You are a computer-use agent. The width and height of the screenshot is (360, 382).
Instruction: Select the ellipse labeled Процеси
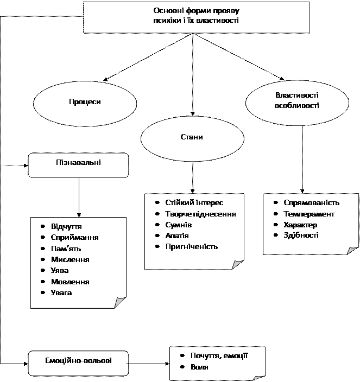click(85, 102)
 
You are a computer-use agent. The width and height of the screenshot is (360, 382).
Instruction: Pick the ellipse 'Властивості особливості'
click(296, 100)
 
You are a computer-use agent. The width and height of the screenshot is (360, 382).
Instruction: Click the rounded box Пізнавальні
click(78, 163)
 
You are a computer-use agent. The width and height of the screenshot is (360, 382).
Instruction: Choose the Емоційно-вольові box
click(78, 360)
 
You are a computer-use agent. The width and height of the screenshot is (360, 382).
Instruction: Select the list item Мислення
click(70, 259)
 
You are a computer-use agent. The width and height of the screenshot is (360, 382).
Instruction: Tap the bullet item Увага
click(61, 293)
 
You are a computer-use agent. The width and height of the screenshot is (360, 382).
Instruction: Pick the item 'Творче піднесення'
click(200, 214)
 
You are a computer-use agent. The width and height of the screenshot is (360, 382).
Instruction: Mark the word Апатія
click(177, 235)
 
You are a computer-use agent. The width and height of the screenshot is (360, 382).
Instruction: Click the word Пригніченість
click(191, 246)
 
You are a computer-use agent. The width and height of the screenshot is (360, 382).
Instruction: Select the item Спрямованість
click(311, 202)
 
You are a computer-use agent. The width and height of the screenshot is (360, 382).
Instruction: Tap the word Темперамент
click(309, 214)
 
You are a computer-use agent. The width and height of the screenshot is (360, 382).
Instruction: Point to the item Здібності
click(301, 235)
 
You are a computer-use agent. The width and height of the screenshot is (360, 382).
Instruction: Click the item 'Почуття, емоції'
click(219, 355)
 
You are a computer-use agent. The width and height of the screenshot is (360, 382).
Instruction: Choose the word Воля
click(199, 367)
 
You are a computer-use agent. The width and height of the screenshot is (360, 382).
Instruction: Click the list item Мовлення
click(70, 282)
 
